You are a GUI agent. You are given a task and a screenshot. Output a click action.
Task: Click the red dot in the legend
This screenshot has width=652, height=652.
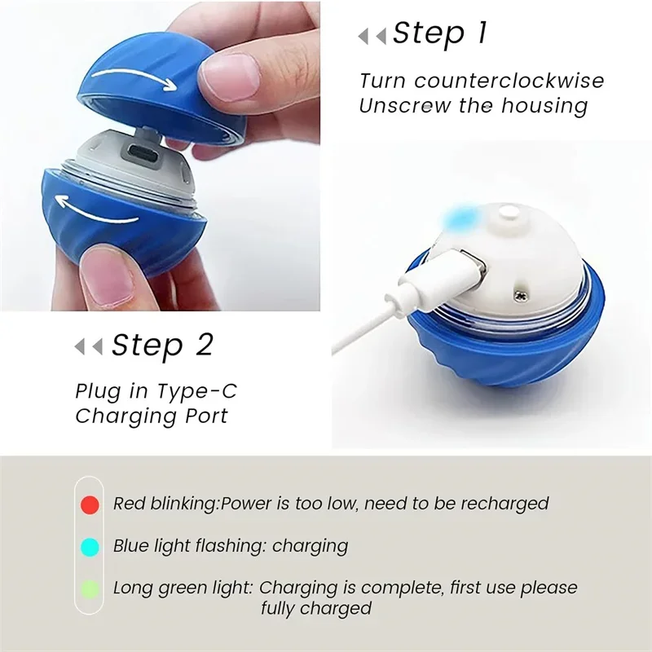click(x=90, y=504)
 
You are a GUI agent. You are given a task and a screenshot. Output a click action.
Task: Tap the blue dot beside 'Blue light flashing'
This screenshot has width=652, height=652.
click(x=90, y=545)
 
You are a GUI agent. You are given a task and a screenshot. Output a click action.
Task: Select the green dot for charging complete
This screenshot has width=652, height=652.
click(x=90, y=587)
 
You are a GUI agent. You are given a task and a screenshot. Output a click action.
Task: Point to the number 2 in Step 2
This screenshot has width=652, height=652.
click(x=203, y=345)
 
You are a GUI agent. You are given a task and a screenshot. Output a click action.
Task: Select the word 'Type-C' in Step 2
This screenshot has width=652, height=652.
click(x=205, y=391)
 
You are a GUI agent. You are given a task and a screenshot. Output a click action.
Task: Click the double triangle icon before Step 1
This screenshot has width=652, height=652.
click(x=372, y=36)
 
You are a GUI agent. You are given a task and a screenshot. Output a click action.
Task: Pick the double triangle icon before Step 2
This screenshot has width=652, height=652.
click(x=89, y=347)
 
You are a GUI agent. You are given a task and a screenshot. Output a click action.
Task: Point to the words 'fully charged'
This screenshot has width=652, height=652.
click(x=316, y=608)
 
